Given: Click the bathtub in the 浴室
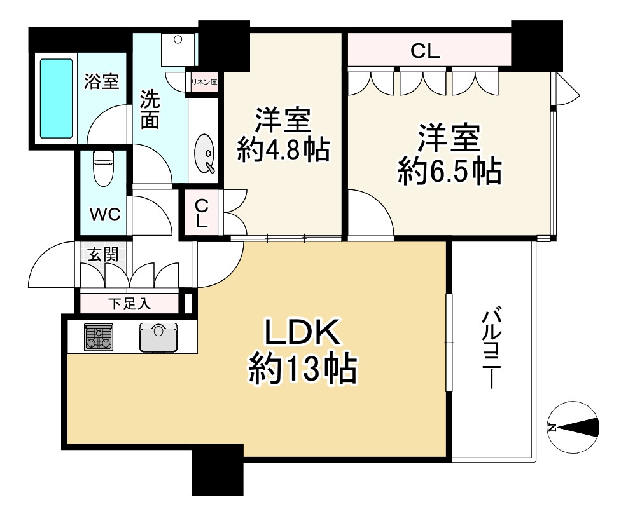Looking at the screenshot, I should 56,98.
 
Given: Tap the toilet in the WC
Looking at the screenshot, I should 102,167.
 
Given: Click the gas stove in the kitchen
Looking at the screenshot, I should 99,337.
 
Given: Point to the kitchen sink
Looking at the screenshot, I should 158,336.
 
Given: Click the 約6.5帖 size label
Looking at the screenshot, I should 449,172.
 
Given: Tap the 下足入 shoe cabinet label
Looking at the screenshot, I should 129,304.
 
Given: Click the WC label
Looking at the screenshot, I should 104,214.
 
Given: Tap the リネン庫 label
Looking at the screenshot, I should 202,82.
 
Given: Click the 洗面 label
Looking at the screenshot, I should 150,109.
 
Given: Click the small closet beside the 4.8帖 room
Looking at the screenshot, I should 201,214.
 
